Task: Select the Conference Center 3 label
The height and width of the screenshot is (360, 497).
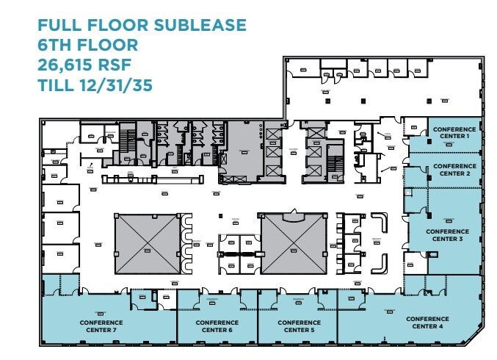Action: coord(449,235)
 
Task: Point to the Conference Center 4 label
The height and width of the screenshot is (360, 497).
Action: coord(427,323)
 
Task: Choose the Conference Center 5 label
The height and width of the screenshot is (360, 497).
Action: coord(297,326)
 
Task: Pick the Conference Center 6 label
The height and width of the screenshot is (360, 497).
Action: coord(217,326)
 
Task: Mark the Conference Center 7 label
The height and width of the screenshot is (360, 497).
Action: coord(101,326)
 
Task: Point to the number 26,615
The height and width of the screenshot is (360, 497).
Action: coord(68,65)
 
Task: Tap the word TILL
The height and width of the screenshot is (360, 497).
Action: coord(57,85)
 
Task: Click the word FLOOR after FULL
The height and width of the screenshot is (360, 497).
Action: coord(115,26)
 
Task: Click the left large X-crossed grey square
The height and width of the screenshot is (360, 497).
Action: coord(147,243)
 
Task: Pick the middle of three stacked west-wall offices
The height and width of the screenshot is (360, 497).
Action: coord(60,227)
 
